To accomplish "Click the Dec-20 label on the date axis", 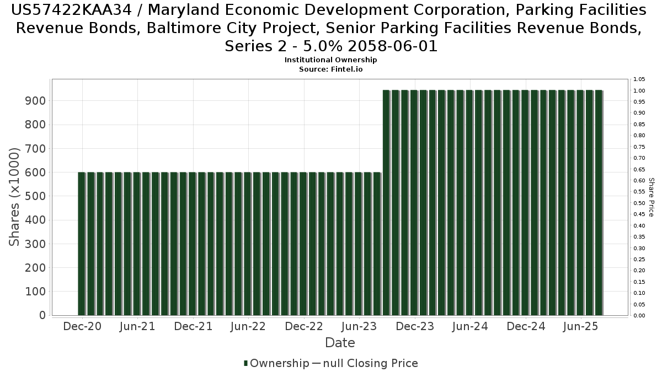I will [82, 326].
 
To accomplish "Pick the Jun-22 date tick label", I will [248, 326].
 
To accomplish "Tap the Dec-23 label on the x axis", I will [415, 326].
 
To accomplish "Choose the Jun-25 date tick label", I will [581, 326].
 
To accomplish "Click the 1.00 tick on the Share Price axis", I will [639, 90].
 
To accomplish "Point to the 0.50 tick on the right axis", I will [639, 203].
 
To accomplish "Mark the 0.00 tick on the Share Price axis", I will [639, 316].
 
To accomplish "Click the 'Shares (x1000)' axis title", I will [15, 197].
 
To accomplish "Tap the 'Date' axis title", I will [340, 343].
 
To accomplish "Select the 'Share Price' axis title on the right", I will [651, 197].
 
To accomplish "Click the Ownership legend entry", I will [276, 363].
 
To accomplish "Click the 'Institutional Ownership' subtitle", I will [331, 60].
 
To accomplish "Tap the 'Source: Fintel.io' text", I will [331, 69].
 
